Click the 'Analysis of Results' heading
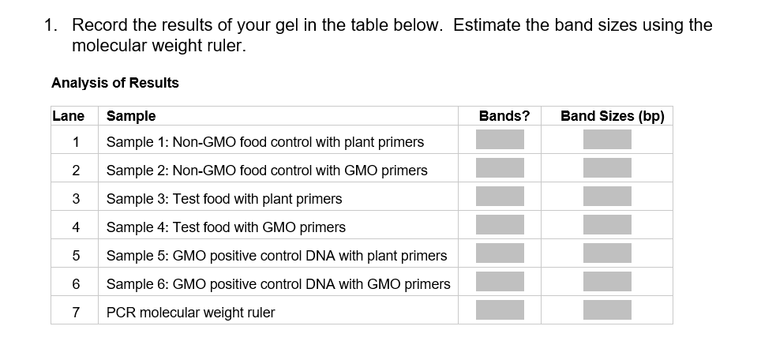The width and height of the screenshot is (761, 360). point(115,83)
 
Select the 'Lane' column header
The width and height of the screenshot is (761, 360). point(68,116)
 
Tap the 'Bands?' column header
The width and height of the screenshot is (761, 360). point(504,116)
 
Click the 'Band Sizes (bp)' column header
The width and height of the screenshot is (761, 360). point(612,116)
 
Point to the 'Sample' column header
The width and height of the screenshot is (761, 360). point(131,116)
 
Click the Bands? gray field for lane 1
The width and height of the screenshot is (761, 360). point(500,140)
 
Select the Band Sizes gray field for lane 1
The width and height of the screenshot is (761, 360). point(607,140)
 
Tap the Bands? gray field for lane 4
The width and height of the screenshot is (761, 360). point(500,225)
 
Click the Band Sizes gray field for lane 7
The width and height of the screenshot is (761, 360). point(607,310)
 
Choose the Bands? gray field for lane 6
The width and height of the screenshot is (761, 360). point(500,282)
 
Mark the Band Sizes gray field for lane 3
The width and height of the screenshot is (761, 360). point(607,197)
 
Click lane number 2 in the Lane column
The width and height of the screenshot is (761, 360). point(75,171)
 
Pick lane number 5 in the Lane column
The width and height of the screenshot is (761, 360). point(75,256)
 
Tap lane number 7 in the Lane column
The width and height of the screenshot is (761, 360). point(75,313)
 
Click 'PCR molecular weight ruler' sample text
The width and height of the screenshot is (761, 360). point(191,313)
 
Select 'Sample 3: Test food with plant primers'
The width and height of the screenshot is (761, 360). point(224,199)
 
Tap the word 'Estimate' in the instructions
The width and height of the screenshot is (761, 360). point(487,25)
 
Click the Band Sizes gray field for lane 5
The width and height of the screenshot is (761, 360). point(607,253)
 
